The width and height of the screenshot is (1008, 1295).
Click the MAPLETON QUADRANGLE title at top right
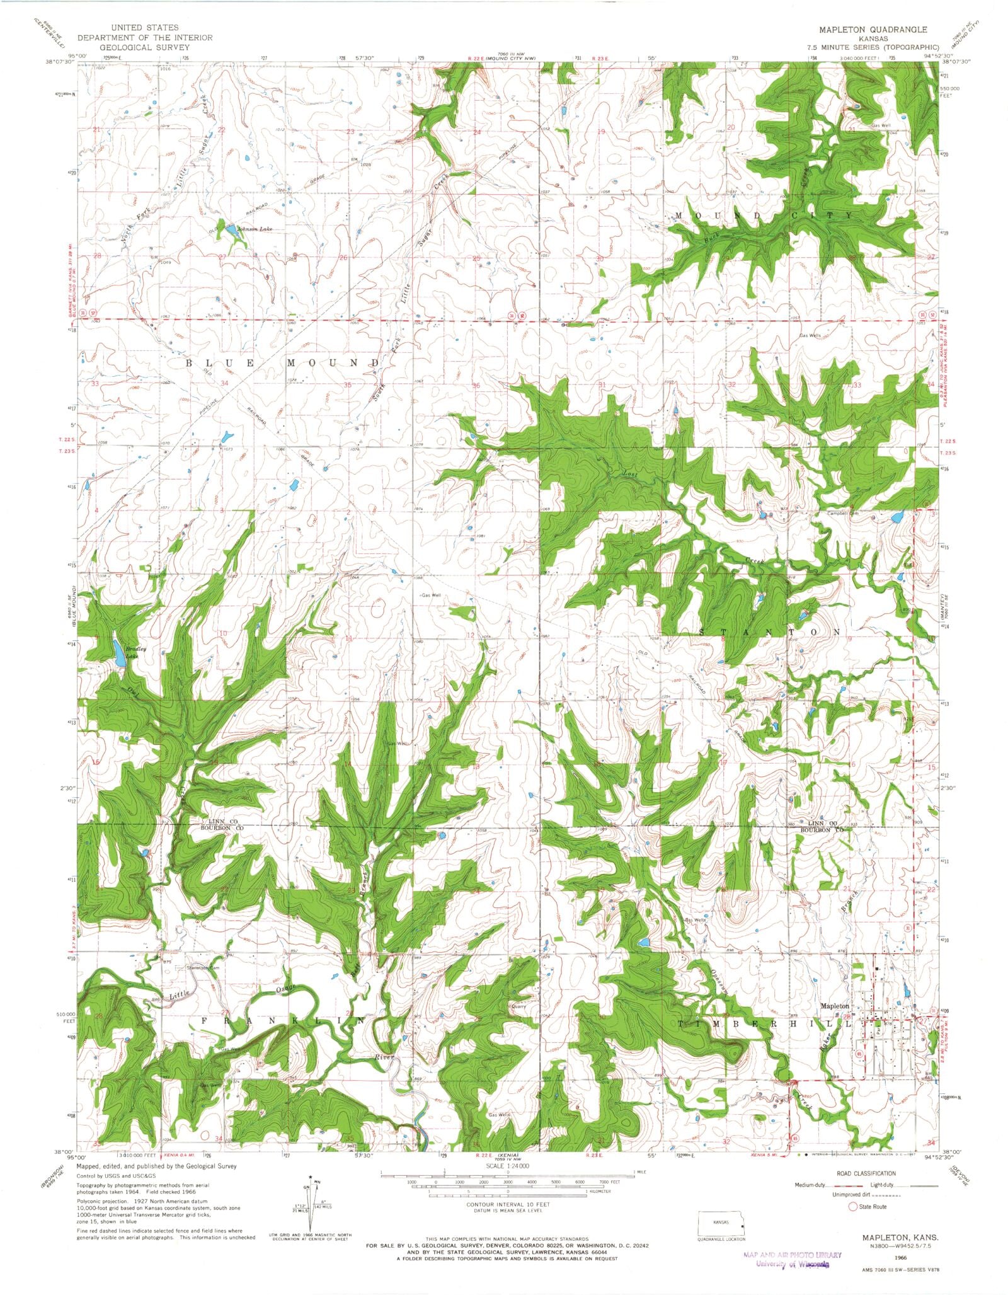pyautogui.click(x=873, y=30)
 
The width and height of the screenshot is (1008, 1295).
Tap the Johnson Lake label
pyautogui.click(x=254, y=229)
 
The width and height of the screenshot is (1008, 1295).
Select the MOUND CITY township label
pyautogui.click(x=764, y=216)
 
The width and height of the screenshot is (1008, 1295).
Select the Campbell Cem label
pyautogui.click(x=843, y=513)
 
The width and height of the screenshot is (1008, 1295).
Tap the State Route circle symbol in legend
pyautogui.click(x=853, y=1207)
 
